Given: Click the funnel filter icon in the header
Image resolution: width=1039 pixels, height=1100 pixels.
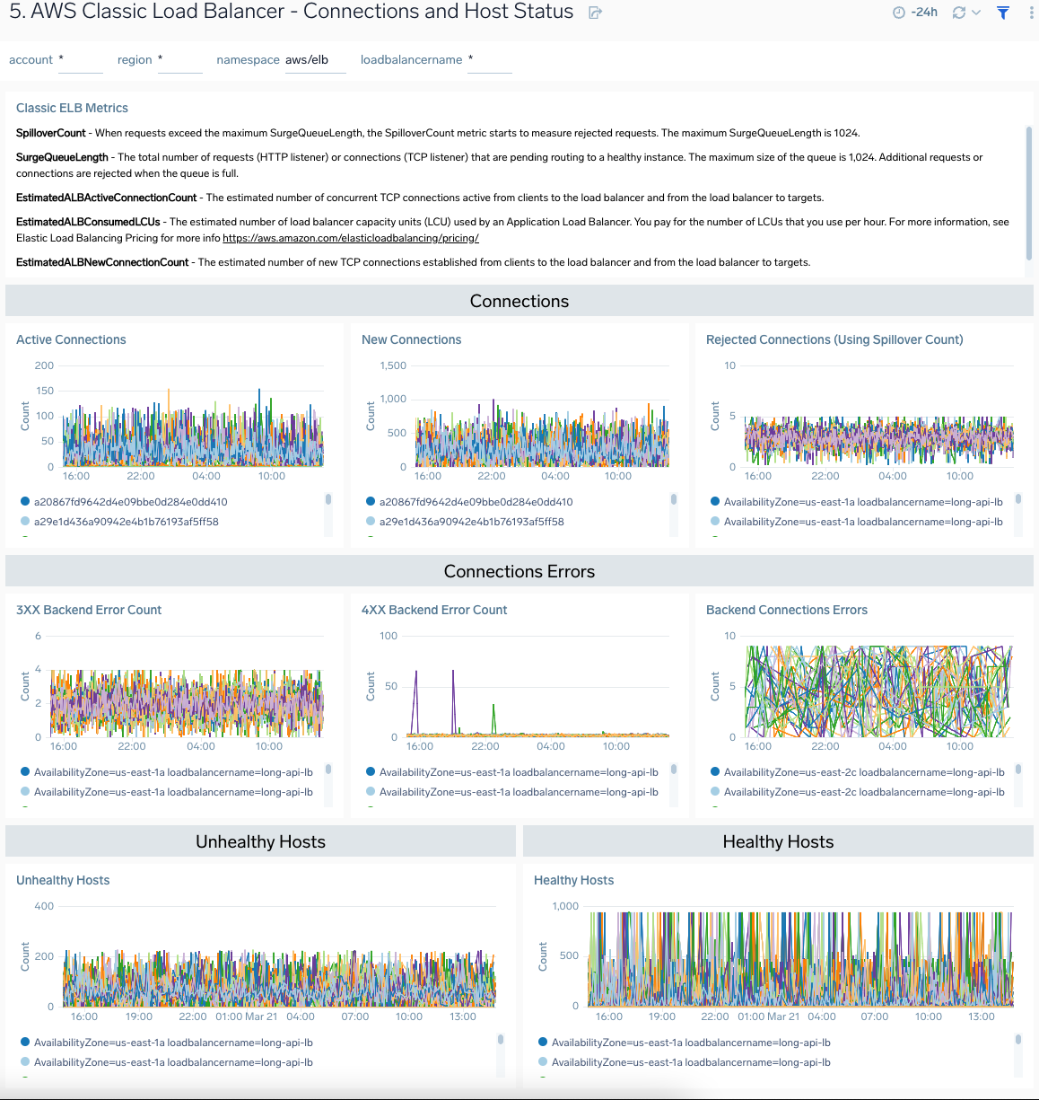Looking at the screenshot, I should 1003,13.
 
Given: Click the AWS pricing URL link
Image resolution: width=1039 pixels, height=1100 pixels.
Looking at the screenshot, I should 350,238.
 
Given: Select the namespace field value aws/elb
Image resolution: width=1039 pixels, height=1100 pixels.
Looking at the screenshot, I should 307,60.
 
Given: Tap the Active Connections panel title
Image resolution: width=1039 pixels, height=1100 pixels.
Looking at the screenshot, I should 71,339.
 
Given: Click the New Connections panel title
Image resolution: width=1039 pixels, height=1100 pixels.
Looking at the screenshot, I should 411,339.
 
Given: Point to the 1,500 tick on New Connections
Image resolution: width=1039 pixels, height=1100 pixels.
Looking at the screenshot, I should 393,365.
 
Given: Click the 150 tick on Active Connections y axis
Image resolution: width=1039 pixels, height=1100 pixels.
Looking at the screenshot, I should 44,391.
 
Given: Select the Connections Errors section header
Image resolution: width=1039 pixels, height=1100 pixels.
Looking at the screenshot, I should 519,571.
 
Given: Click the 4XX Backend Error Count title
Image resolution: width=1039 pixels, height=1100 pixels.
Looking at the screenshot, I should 434,610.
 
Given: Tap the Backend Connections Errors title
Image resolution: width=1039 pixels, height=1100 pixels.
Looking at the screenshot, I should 786,610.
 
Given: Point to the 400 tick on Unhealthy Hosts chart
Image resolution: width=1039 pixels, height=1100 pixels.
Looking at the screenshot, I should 44,906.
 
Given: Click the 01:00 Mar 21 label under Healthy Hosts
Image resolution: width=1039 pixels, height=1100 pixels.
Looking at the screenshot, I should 768,1016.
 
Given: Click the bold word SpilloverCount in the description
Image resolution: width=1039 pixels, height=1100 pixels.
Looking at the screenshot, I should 51,133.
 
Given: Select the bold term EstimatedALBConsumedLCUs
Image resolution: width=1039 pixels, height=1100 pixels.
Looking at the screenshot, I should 88,222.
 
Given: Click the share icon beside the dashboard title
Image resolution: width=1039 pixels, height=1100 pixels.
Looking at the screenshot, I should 595,13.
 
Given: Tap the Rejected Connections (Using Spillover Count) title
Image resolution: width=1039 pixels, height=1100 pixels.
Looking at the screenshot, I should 834,339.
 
